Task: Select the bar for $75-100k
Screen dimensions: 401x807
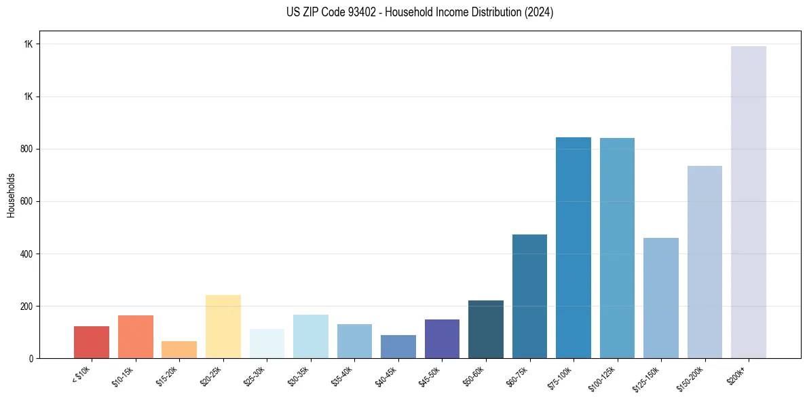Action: [x=574, y=247]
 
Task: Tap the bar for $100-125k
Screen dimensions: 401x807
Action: [x=617, y=248]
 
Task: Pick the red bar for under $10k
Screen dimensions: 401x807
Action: [x=92, y=342]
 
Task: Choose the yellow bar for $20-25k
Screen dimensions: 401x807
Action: [x=223, y=326]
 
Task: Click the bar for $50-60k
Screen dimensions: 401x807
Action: [x=486, y=329]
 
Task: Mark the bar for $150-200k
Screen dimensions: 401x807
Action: [x=705, y=262]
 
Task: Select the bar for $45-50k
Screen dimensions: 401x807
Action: [x=442, y=338]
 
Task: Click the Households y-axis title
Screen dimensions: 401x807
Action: [x=11, y=195]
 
